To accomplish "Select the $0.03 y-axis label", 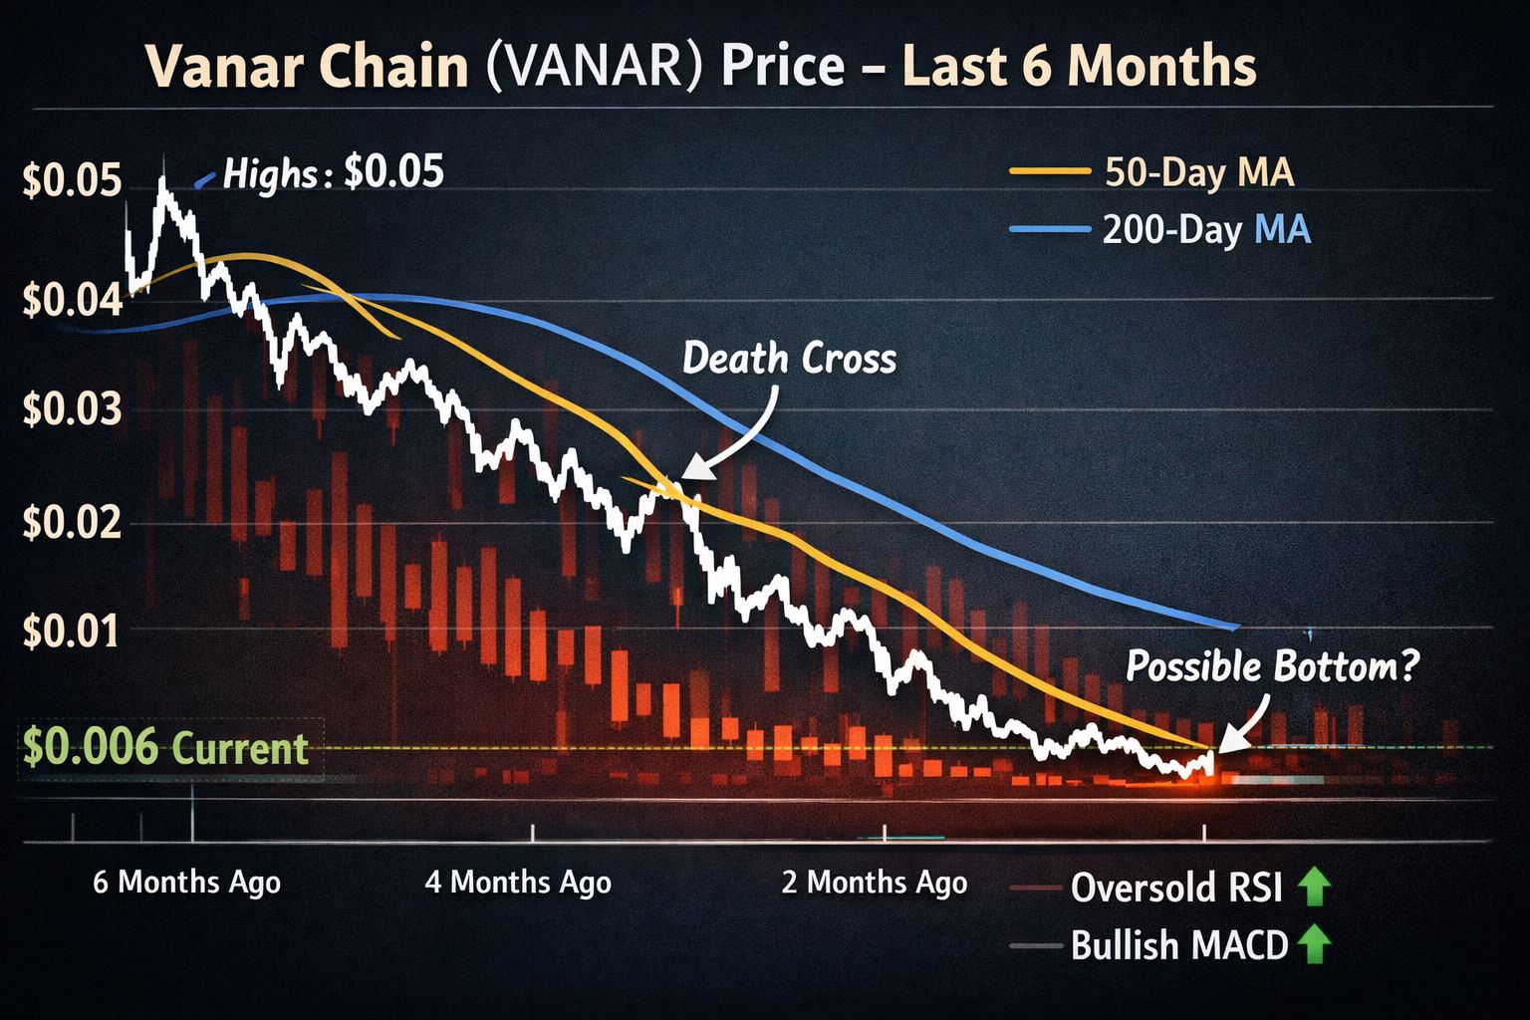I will (72, 408).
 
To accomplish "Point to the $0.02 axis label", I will (72, 522).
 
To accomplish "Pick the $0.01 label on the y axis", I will (72, 632).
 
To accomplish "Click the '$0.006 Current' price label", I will (165, 747).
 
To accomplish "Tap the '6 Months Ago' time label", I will (186, 882).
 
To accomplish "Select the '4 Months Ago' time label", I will (518, 882).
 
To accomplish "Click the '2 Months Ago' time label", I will (874, 882).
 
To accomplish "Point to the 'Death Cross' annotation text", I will (789, 359).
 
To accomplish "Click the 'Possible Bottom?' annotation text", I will (1272, 665).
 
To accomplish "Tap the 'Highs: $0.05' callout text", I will (333, 173).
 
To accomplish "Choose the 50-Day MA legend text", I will (1199, 172).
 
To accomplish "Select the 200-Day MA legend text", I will (1206, 230).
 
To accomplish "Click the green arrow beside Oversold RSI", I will (1315, 886).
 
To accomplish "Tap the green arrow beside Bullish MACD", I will (1315, 943).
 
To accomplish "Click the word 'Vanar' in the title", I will (221, 68).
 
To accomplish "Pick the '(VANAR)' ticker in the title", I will (588, 68).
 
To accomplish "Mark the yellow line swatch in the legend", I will (1049, 172).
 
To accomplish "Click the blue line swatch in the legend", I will (1049, 230).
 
